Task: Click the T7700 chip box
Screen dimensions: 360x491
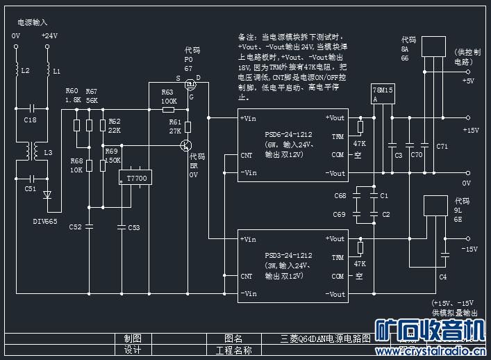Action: pyautogui.click(x=137, y=179)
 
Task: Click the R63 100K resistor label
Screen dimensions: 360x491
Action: pyautogui.click(x=167, y=97)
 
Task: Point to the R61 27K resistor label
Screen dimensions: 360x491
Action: pyautogui.click(x=175, y=126)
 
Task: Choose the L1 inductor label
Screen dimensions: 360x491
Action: pyautogui.click(x=57, y=71)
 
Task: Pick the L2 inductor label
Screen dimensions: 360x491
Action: pyautogui.click(x=25, y=71)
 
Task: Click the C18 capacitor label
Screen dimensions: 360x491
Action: pyautogui.click(x=31, y=120)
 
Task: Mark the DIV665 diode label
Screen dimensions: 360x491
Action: pyautogui.click(x=45, y=221)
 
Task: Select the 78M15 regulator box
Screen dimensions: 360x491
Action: pyautogui.click(x=383, y=95)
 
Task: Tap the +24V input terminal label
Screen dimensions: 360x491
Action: pyautogui.click(x=49, y=35)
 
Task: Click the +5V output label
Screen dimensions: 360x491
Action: pyautogui.click(x=468, y=81)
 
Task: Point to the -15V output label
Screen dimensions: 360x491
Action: pyautogui.click(x=470, y=248)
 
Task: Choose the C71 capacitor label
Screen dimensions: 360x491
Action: pyautogui.click(x=442, y=147)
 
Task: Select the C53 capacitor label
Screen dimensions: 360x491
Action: pyautogui.click(x=133, y=227)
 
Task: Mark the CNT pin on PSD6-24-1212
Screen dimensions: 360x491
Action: pyautogui.click(x=247, y=156)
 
